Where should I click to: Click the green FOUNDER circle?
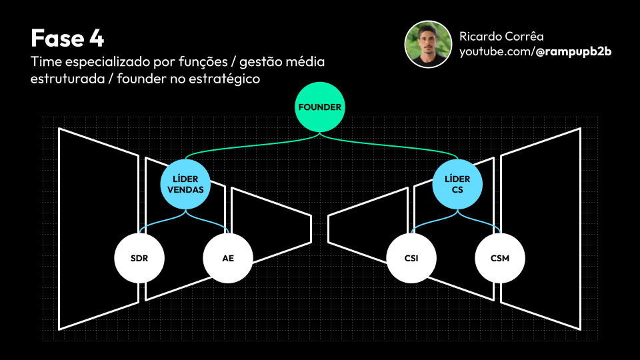click(320, 107)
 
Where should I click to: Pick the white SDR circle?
click(139, 258)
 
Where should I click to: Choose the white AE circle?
click(228, 258)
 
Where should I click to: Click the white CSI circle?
click(411, 258)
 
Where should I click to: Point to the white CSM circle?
click(499, 258)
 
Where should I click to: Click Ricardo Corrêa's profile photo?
click(429, 44)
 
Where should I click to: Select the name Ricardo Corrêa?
click(501, 37)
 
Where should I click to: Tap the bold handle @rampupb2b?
click(573, 51)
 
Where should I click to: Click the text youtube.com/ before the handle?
click(497, 51)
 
